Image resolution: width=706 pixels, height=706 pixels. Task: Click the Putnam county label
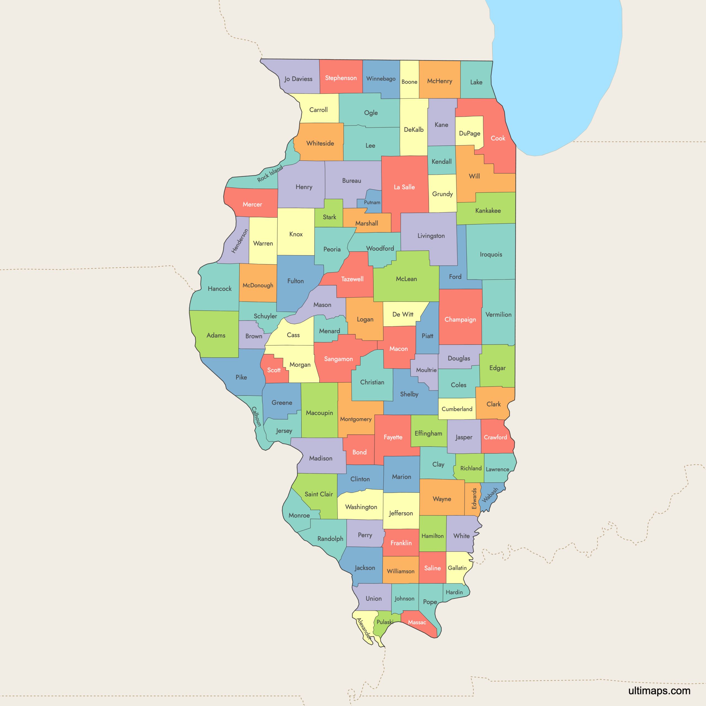(372, 202)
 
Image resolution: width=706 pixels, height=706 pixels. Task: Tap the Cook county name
(498, 138)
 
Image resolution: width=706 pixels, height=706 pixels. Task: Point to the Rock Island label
(270, 173)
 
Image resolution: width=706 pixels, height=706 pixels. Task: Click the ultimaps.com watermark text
(659, 690)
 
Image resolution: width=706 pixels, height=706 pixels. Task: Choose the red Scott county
(273, 370)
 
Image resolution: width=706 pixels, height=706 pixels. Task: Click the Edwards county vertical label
(474, 498)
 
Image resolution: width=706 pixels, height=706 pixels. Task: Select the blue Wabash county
(490, 495)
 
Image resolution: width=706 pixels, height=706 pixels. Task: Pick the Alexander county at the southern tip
(363, 627)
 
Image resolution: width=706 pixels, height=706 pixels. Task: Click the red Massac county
(417, 622)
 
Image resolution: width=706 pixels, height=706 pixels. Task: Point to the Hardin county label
(454, 592)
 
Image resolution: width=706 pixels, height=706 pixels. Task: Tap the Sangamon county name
(338, 359)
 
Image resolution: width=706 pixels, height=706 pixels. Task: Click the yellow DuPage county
(470, 133)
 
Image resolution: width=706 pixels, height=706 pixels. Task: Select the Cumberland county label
(457, 409)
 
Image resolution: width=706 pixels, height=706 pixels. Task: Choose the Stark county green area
(329, 217)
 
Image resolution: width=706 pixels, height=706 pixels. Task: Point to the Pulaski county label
(385, 622)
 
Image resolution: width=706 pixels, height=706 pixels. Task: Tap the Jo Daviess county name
(298, 79)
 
